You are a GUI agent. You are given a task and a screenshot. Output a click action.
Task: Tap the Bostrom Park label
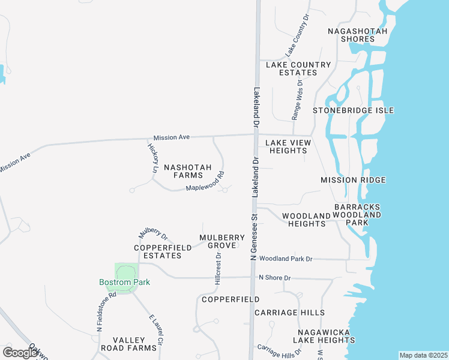coord(124,282)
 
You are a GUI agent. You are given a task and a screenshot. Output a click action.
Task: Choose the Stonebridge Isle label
coord(353,110)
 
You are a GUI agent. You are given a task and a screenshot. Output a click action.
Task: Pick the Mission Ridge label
coord(353,180)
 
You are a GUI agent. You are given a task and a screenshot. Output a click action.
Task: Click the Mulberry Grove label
coord(222,241)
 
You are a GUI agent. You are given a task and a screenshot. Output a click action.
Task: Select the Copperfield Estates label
coord(158,251)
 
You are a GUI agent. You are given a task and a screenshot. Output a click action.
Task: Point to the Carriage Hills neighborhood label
coord(289,313)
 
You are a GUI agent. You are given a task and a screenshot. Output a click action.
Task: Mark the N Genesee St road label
coord(253,237)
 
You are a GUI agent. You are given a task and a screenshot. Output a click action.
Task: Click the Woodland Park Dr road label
coord(286,259)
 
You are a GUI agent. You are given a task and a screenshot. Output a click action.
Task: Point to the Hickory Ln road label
coord(151,158)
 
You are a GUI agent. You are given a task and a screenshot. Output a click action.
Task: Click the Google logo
coord(20,352)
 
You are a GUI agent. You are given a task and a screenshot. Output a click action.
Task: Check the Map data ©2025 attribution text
coord(423,355)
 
